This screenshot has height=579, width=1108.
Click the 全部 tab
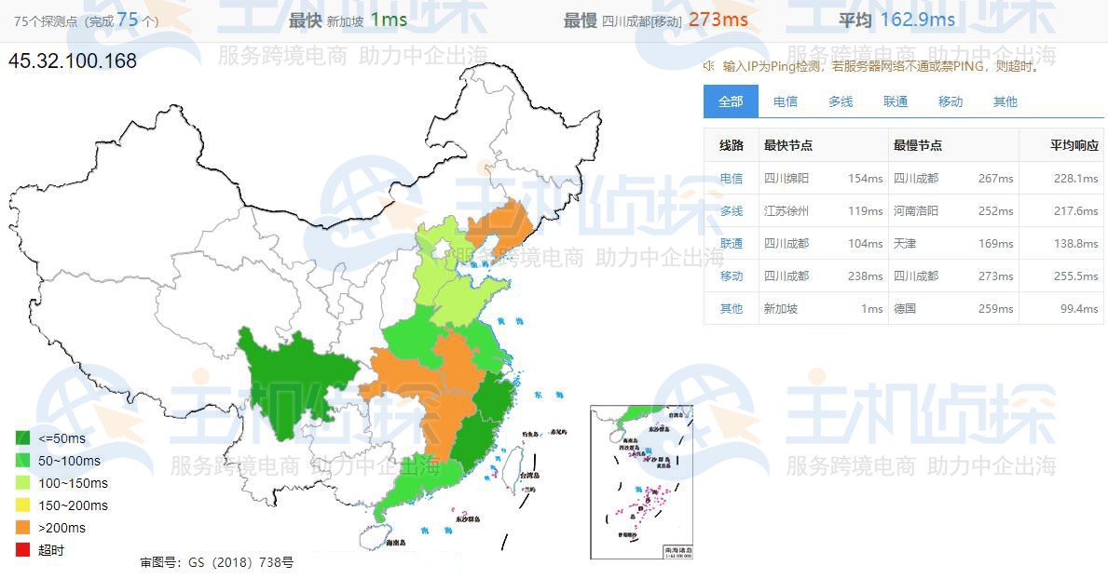point(731,101)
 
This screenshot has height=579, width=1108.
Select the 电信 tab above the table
point(786,101)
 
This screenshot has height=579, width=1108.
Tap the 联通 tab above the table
point(896,101)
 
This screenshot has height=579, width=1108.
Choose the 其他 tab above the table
point(1005,101)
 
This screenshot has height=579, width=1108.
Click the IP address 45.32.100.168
point(73,61)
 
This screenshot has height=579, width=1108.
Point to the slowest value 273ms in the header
point(718,20)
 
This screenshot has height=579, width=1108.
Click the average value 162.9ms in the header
point(917,20)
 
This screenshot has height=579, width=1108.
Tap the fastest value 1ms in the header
point(388,20)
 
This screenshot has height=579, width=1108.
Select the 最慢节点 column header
point(918,145)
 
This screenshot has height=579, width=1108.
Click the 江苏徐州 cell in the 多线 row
point(787,211)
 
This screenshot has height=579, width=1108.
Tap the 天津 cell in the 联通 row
point(905,244)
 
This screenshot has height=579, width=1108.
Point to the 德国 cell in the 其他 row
point(905,309)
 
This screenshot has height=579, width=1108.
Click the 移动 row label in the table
point(732,276)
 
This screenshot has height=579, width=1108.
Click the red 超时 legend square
point(23,550)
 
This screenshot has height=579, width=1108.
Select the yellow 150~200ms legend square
point(23,505)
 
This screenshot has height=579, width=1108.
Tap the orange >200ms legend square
point(23,528)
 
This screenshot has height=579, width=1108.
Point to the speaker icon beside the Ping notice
point(709,66)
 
